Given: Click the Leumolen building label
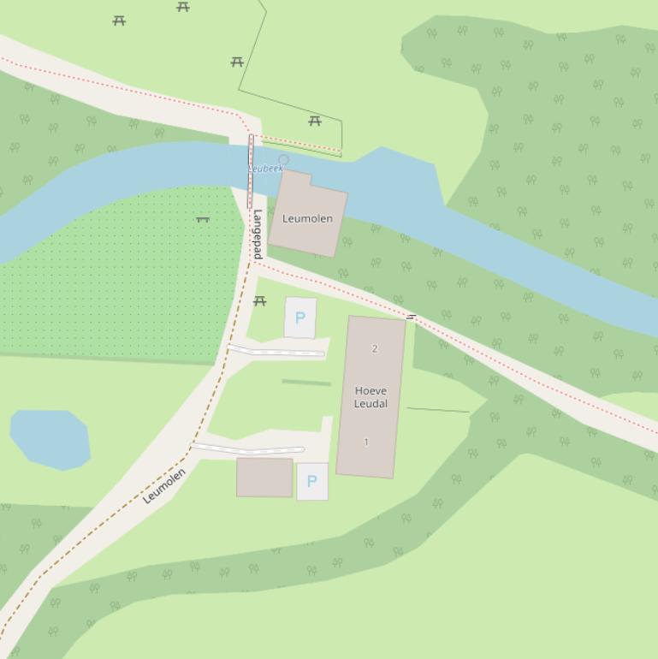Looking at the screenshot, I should [x=307, y=219].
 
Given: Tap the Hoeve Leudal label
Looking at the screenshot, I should [x=370, y=397].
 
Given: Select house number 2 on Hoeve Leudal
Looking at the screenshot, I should [x=374, y=348].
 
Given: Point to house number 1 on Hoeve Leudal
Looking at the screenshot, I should [x=366, y=442].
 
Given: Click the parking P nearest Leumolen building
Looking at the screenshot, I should [x=299, y=318].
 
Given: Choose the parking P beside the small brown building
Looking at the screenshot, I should [x=311, y=481].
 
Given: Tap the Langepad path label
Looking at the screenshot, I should [x=257, y=234].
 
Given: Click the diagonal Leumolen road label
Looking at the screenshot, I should [x=163, y=485].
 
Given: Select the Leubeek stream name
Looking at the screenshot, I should [x=266, y=169].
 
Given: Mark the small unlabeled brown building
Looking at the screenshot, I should [x=264, y=477].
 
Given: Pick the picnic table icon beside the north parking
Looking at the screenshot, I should [x=260, y=301].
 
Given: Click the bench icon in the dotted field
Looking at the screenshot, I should [x=203, y=220].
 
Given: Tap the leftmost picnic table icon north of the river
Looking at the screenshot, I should [x=119, y=21].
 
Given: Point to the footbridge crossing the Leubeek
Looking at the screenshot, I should [x=251, y=171].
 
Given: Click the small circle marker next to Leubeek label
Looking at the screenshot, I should [x=284, y=159].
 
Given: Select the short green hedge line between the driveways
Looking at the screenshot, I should [x=305, y=383].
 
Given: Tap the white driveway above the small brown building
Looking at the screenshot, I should [x=247, y=448].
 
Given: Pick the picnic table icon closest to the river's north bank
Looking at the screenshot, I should [x=315, y=121].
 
